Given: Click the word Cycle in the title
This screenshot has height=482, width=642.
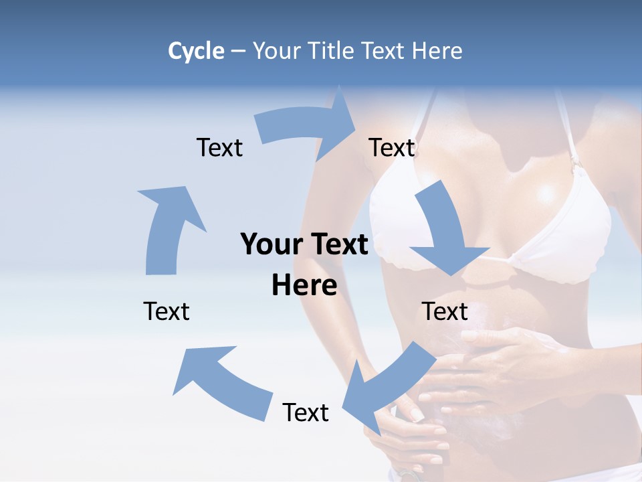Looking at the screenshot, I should tap(196, 51).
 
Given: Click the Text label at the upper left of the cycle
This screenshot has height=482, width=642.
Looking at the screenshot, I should tap(219, 147).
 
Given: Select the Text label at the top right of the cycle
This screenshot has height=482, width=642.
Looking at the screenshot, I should tap(392, 147).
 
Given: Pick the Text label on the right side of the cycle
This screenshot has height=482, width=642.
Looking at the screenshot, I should tap(445, 311).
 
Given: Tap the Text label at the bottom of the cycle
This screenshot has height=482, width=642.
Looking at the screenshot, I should tap(306, 412).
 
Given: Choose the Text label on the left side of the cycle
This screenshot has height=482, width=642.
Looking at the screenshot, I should tap(167, 311).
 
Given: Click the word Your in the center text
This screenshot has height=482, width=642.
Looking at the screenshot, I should tap(267, 244).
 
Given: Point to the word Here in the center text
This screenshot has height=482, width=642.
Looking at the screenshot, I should tap(304, 286).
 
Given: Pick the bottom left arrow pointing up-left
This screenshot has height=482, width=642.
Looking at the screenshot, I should tap(221, 382).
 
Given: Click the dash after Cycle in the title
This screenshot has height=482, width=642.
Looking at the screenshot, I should tap(238, 51).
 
